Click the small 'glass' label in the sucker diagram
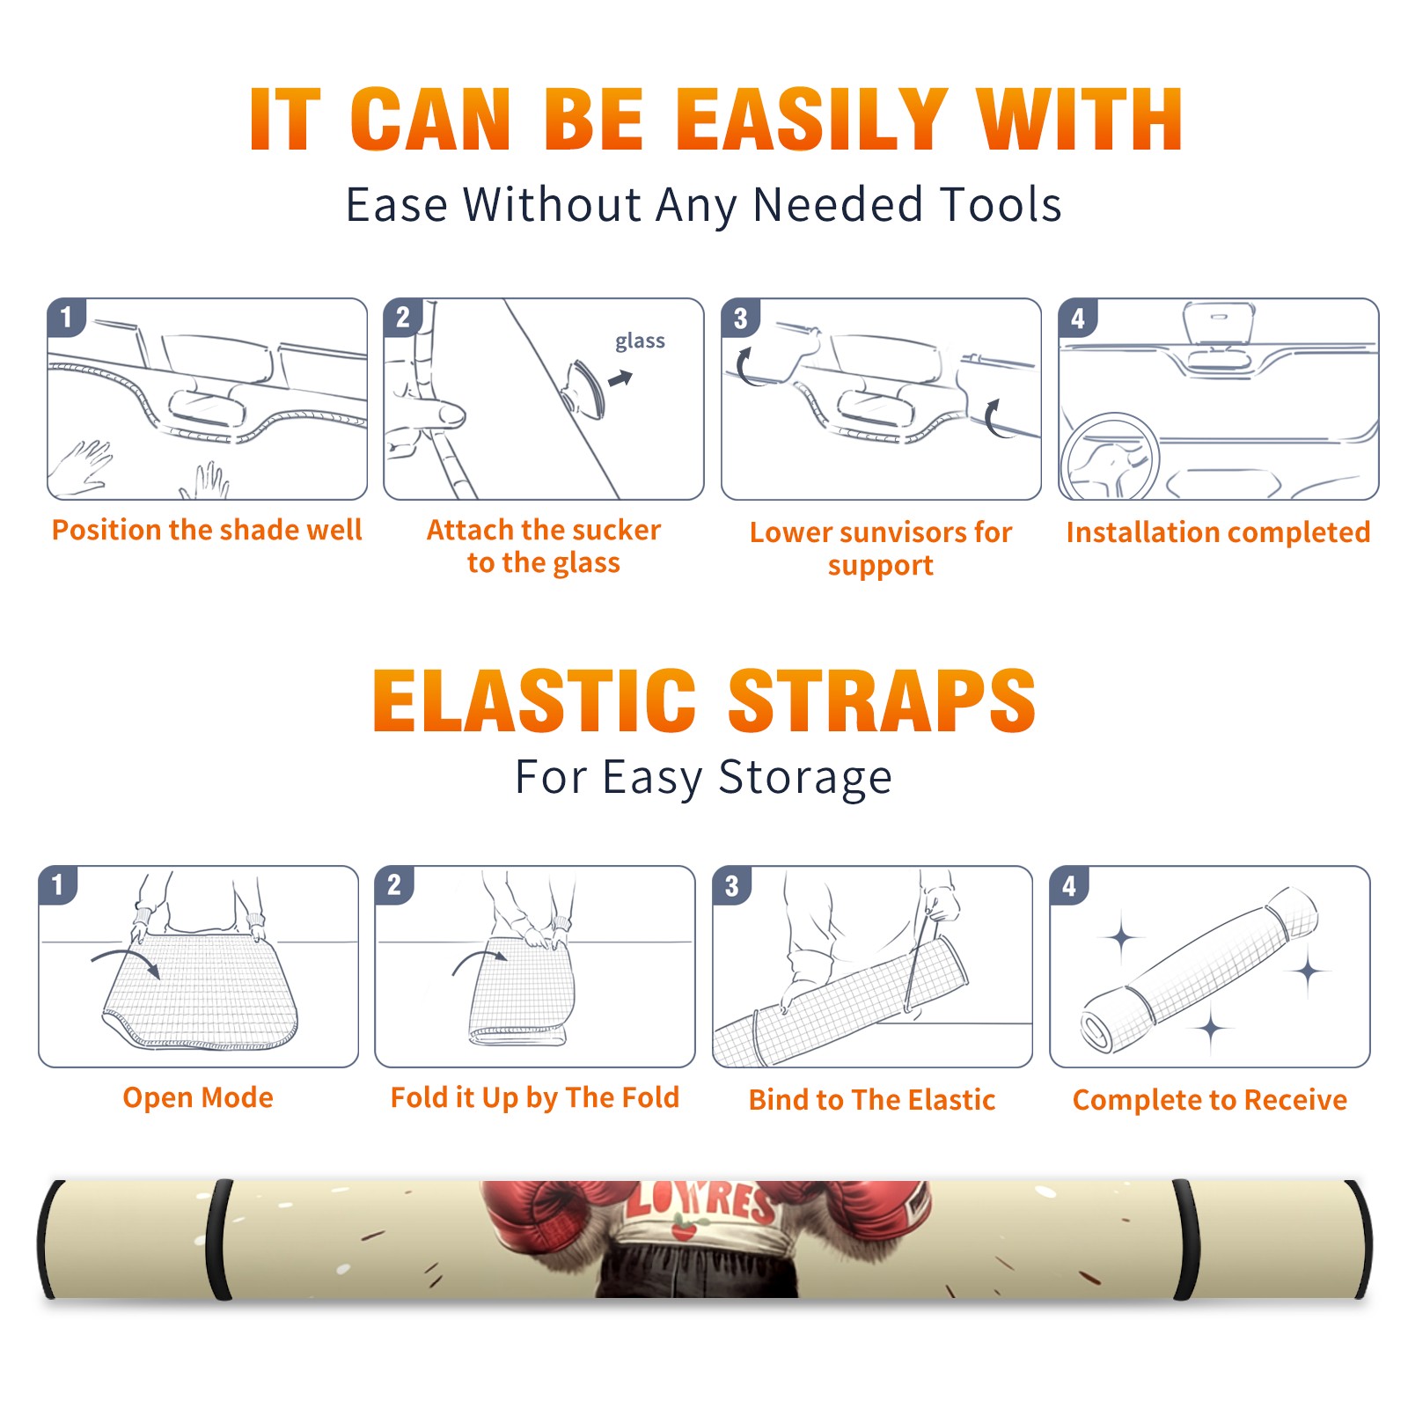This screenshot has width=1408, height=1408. pos(640,341)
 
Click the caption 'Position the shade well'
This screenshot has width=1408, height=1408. pos(207,530)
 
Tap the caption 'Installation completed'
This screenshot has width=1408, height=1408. pos(1218,532)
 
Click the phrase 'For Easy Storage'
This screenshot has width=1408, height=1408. pos(704,778)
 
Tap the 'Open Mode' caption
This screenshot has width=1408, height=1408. pos(198,1097)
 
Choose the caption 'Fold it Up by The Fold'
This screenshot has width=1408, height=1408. pos(535,1098)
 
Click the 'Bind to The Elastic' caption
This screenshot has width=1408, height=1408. pos(872,1100)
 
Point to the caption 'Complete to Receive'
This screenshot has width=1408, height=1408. pos(1210,1100)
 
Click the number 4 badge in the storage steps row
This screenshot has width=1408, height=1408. pos(1069,886)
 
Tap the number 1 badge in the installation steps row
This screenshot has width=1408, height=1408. pos(66,318)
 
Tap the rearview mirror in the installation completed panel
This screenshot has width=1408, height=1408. pos(1218,324)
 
